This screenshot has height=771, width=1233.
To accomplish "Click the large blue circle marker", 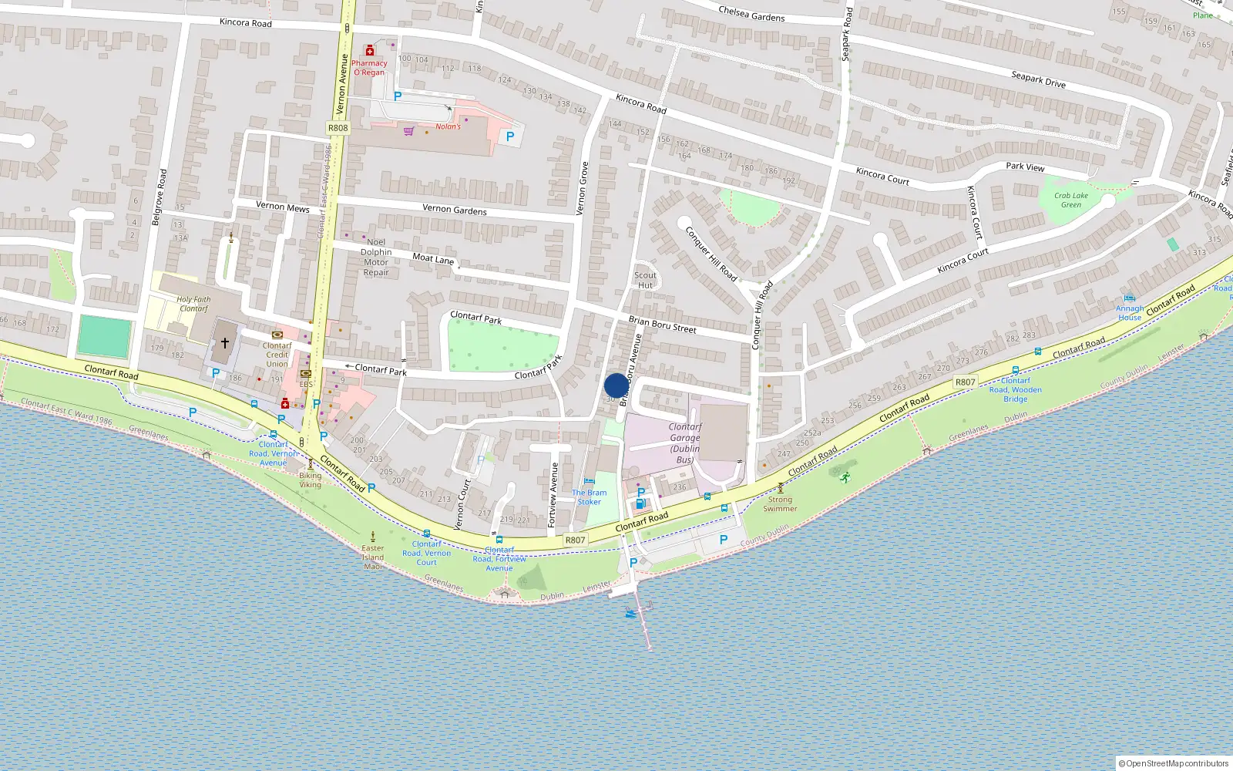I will point(616,385).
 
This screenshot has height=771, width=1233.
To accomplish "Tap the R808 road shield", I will point(338,128).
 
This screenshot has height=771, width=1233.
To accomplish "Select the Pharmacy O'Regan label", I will point(369,68).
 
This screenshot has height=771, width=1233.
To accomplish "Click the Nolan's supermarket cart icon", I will point(408,130).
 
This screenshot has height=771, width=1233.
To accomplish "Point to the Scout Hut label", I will point(645,280).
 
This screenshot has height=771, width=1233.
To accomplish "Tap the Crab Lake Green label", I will point(1071,200).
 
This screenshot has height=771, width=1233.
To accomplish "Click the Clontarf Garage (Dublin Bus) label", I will point(684,443).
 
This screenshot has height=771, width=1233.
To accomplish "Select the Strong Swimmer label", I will point(780,503).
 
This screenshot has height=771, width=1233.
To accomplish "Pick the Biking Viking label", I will point(310,480).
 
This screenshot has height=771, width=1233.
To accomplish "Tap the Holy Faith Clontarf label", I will point(193,304).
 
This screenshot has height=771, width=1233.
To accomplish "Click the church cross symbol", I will point(225,342).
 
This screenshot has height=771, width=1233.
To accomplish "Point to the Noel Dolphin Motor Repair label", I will point(376,257).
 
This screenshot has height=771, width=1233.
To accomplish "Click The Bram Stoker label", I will point(589,497).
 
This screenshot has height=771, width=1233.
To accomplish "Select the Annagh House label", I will point(1130,312).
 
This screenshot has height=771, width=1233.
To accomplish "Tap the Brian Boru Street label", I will point(662,325).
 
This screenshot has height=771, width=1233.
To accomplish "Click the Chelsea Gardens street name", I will point(751,13).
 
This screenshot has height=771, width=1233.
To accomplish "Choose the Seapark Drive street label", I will point(1038,79).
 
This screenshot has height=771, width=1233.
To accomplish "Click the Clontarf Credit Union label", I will point(277,355).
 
